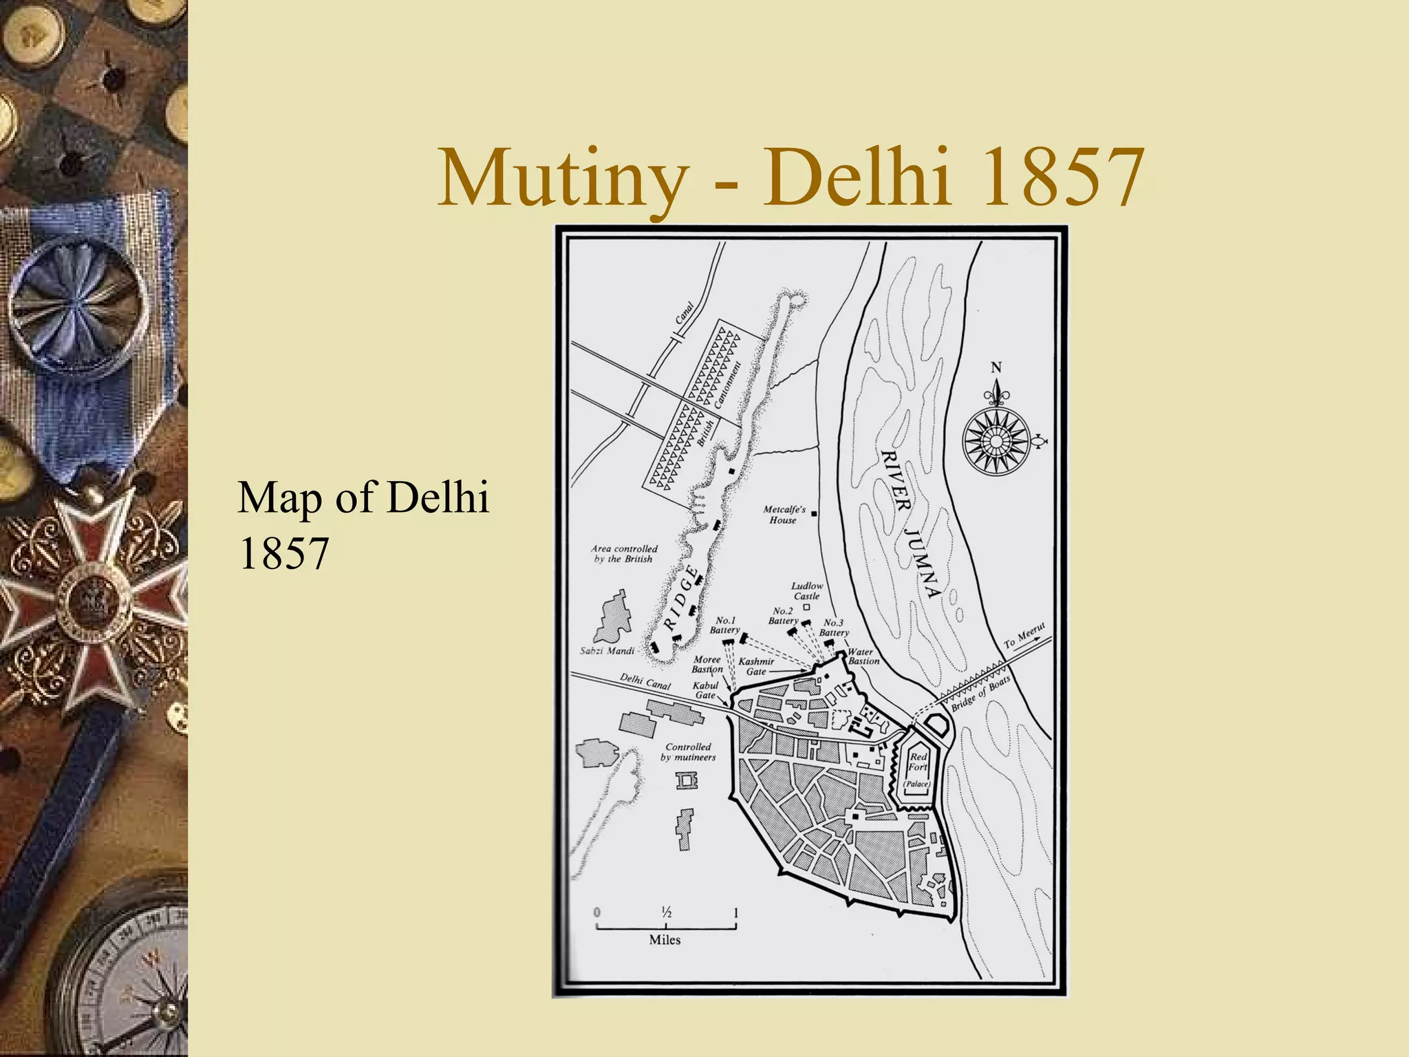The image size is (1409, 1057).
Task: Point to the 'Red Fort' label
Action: click(918, 762)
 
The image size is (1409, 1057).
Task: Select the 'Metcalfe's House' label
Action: click(784, 515)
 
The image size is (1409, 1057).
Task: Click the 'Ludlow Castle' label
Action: click(806, 591)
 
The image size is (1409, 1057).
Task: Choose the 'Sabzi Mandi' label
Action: click(607, 650)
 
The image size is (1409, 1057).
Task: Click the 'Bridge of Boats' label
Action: click(980, 693)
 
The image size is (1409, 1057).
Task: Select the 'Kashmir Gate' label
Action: click(756, 666)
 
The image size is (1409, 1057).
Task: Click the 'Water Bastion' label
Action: click(863, 656)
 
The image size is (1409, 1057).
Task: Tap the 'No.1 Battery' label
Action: click(725, 625)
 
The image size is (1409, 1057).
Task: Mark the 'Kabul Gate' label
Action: click(705, 690)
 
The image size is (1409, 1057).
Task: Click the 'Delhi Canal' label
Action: click(645, 681)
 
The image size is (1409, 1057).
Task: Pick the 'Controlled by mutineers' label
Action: click(688, 752)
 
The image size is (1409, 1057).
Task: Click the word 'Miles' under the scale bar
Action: click(665, 940)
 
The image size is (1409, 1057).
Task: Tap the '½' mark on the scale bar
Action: click(666, 913)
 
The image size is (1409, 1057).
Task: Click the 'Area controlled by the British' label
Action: click(624, 554)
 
